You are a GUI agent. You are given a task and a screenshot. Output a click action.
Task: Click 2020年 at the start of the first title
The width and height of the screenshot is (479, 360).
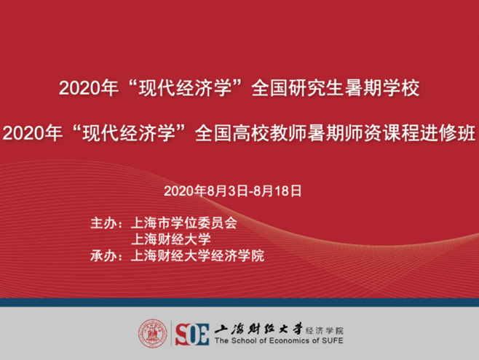[x=85, y=89]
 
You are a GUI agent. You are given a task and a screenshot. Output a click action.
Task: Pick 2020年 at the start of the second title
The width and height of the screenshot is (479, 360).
[x=30, y=135]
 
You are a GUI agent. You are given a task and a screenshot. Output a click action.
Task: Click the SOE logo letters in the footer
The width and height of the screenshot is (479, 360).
[x=192, y=333]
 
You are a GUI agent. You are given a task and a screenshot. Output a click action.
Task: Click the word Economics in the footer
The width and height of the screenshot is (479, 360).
[x=284, y=342]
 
